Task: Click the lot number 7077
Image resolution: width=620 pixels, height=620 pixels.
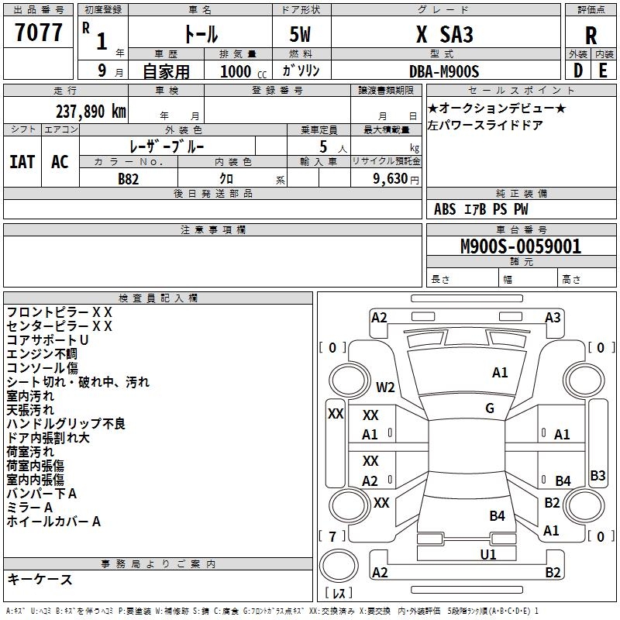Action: point(39,33)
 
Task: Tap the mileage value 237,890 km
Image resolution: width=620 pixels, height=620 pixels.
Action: point(91,111)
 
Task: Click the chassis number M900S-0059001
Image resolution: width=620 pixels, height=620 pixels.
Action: point(510,247)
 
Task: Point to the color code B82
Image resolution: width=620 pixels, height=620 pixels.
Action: point(129,178)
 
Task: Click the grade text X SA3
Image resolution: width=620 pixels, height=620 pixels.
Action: point(444,35)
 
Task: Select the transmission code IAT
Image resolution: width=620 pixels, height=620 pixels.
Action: point(22,162)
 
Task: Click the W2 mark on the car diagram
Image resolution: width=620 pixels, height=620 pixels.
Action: point(385,387)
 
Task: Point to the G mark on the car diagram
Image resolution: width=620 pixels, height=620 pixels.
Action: point(490,408)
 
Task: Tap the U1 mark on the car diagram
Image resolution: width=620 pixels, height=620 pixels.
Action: point(487,554)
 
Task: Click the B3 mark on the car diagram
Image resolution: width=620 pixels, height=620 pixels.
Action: point(598,476)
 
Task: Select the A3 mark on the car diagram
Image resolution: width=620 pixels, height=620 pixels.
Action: point(553,318)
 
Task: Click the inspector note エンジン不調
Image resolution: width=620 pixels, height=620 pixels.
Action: point(43,354)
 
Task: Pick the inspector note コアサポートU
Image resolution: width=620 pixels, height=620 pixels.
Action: point(48,340)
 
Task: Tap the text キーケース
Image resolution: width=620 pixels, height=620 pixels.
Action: point(40,579)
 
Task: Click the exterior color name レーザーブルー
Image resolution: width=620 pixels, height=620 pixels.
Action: point(167,146)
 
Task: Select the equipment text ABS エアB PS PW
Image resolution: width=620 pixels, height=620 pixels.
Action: point(481,208)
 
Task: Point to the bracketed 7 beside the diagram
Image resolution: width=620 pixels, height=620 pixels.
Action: point(332,536)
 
